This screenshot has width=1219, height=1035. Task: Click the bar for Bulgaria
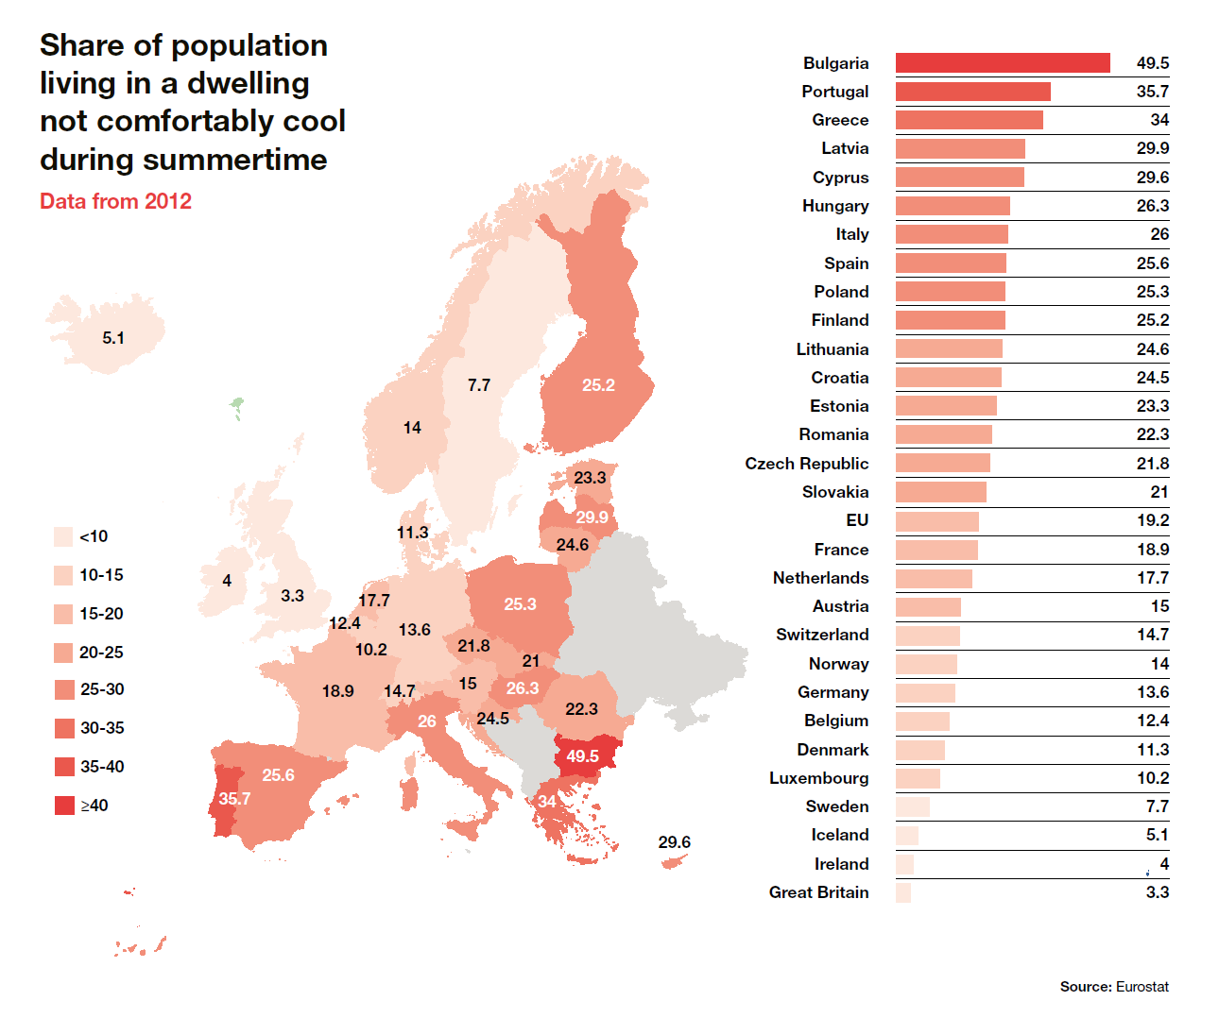[x=1002, y=62]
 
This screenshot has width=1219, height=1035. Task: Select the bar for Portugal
[x=972, y=92]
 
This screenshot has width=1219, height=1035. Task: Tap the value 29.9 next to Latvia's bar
[x=1152, y=148]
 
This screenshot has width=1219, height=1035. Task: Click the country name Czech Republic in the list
[x=806, y=464]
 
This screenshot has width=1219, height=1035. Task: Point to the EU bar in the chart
[x=936, y=521]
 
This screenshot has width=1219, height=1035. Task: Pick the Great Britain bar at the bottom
[x=903, y=892]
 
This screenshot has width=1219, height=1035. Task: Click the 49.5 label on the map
[x=582, y=756]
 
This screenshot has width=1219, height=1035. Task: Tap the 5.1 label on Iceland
[x=113, y=338]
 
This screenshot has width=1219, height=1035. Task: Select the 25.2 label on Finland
[x=598, y=385]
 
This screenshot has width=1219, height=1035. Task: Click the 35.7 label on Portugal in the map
[x=234, y=799]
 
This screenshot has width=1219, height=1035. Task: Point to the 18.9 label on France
[x=337, y=691]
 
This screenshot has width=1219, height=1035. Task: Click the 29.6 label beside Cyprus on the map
[x=674, y=842]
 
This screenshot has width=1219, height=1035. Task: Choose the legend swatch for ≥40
[x=64, y=806]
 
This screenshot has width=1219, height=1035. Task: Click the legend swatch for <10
[x=64, y=536]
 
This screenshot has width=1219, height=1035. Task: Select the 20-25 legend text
[x=101, y=653]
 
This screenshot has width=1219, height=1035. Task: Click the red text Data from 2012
[x=115, y=201]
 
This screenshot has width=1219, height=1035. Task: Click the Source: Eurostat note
[x=1113, y=987]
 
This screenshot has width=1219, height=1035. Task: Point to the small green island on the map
[x=237, y=407]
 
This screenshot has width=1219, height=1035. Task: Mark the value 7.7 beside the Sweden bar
[x=1157, y=806]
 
